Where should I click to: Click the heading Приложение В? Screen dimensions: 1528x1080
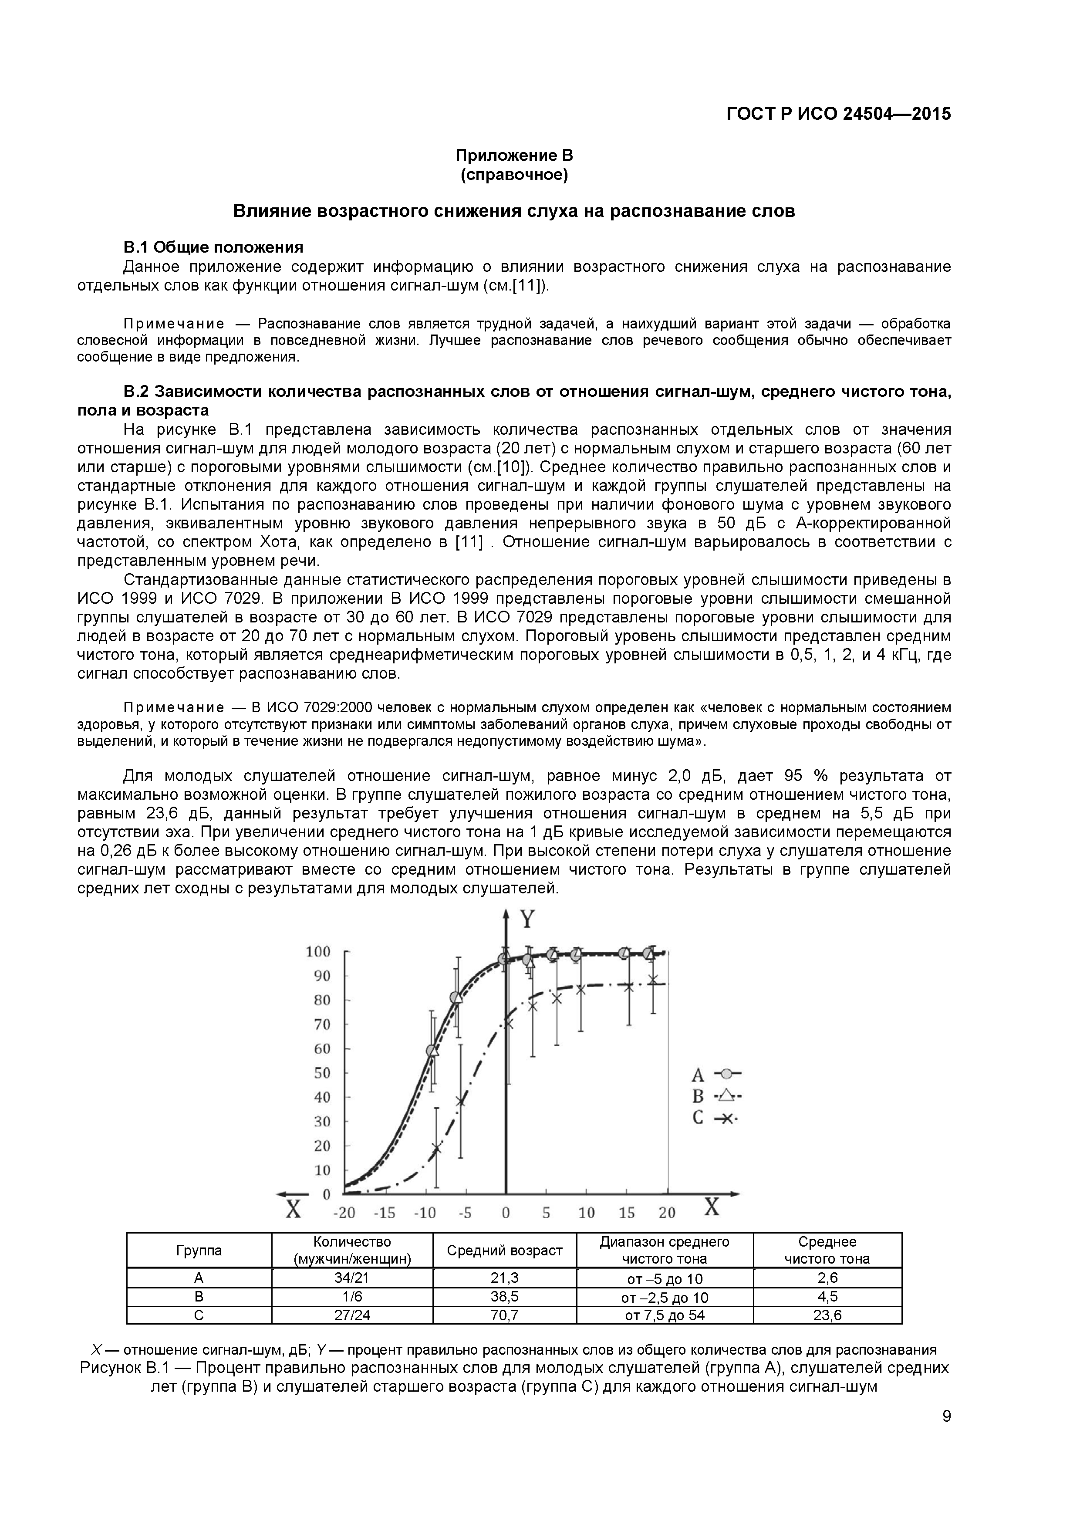pyautogui.click(x=514, y=156)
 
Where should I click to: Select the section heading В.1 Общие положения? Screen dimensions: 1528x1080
pyautogui.click(x=213, y=247)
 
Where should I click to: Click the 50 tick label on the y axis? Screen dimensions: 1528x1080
pyautogui.click(x=322, y=1073)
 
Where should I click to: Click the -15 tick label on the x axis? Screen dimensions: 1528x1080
pyautogui.click(x=384, y=1213)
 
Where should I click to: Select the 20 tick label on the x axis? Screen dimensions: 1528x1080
pyautogui.click(x=667, y=1213)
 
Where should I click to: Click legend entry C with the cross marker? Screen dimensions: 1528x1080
pyautogui.click(x=717, y=1118)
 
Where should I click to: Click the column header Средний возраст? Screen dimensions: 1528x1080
pyautogui.click(x=504, y=1251)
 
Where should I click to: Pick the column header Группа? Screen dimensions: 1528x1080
pyautogui.click(x=199, y=1251)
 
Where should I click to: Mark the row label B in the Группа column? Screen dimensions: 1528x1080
pyautogui.click(x=199, y=1296)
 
